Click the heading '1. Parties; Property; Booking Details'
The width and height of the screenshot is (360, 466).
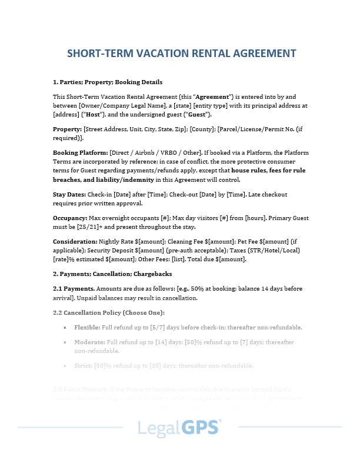point(108,82)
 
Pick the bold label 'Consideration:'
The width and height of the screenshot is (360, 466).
point(75,241)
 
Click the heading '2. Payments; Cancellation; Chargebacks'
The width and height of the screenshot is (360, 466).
point(112,274)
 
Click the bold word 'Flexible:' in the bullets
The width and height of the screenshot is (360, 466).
point(86,327)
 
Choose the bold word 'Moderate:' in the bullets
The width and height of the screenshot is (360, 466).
point(89,342)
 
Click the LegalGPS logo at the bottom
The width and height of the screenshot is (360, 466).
point(179,427)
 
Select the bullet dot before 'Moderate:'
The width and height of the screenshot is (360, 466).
point(64,342)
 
